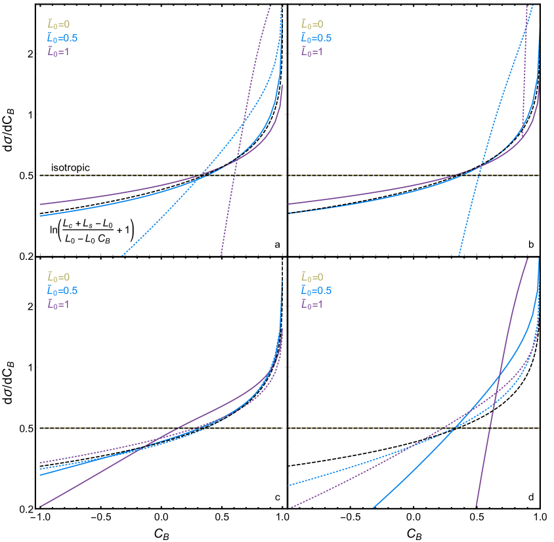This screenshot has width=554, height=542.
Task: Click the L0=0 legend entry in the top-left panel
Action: coord(58,24)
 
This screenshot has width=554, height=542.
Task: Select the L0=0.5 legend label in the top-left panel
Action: coord(62,38)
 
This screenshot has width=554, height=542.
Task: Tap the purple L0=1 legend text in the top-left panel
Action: coord(58,51)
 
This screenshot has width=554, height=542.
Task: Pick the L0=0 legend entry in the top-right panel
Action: coord(312,24)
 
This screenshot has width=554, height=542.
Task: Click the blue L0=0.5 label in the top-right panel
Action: coord(316,38)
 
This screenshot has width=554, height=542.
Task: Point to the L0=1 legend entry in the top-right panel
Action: coord(312,51)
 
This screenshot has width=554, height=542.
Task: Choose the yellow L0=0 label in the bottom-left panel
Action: coord(58,278)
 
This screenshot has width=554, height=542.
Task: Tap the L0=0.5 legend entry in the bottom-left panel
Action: coord(62,291)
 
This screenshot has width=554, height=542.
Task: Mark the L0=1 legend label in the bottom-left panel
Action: coord(58,304)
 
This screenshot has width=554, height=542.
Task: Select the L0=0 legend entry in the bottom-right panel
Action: coord(312,278)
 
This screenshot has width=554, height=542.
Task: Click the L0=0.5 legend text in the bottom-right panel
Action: coord(316,291)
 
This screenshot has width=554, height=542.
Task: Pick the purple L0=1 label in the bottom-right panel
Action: coord(312,304)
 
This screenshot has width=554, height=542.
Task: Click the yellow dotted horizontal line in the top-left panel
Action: coord(98,176)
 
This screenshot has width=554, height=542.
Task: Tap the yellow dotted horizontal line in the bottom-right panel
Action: coord(368,428)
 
